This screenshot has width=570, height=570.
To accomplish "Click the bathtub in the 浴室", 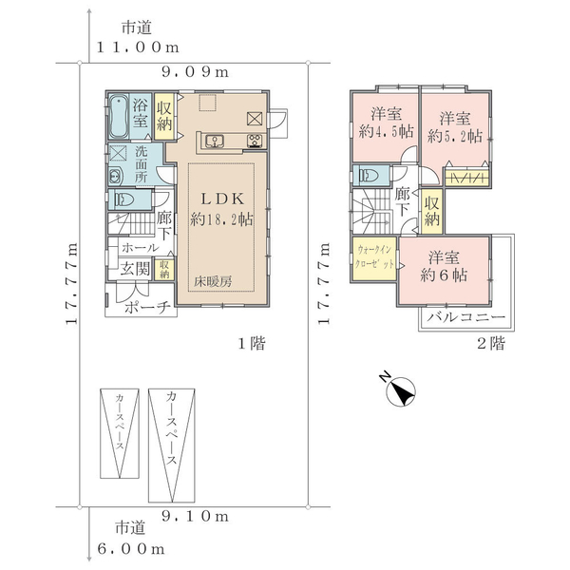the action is [x=119, y=117].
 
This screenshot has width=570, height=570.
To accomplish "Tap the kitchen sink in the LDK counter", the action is [x=215, y=141].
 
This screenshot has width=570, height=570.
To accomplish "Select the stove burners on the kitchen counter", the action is [x=256, y=141].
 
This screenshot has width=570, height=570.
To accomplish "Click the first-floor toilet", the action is [x=123, y=199].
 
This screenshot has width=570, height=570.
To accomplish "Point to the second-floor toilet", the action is [x=368, y=176].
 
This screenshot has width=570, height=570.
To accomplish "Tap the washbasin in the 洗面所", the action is [x=116, y=177].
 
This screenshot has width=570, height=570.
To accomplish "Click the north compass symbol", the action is [x=400, y=390].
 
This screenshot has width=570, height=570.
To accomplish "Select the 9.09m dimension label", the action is [x=195, y=72].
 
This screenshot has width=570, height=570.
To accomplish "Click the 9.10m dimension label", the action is [x=195, y=516].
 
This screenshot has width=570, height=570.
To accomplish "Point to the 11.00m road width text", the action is [x=138, y=47].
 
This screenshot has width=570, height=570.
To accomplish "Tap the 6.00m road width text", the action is [x=131, y=548].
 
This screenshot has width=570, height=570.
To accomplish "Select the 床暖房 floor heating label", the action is [x=213, y=281].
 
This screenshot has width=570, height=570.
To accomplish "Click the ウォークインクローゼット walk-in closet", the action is [x=374, y=258].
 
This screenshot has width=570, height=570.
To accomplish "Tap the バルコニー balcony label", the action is [x=466, y=317].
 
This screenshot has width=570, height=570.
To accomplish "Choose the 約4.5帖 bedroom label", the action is [x=387, y=131].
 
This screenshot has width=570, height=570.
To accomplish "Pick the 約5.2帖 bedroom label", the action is [x=455, y=136].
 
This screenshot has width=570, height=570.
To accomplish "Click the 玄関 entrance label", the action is [x=135, y=269].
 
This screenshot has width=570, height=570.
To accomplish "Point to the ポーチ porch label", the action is [x=147, y=308].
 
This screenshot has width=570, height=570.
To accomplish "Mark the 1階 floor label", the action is [x=252, y=343].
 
